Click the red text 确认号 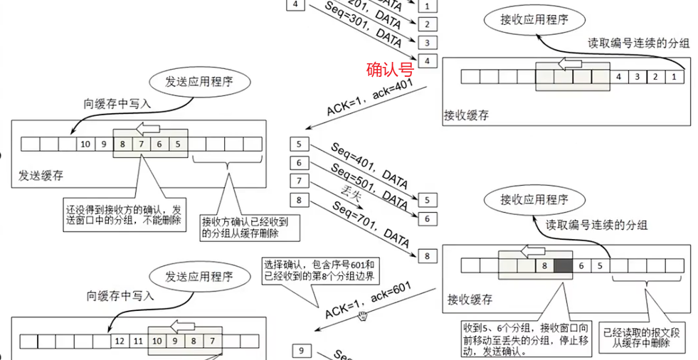[x=389, y=69]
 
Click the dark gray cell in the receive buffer [x=562, y=266]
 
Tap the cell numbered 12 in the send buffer [x=119, y=342]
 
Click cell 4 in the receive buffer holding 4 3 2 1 [x=619, y=77]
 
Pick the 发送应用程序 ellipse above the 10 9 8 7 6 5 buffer [x=199, y=81]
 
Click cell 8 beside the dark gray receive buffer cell [x=544, y=266]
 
